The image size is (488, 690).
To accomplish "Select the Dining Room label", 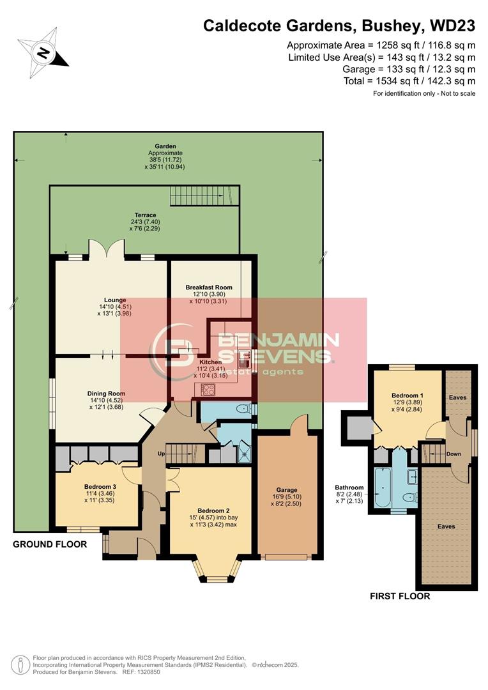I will (x=106, y=394).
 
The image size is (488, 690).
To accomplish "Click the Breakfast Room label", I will (x=209, y=287).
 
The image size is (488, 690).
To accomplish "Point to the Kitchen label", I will (x=210, y=362).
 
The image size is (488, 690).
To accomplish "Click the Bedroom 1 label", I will (x=408, y=395).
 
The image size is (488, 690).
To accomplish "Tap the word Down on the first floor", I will (x=454, y=454).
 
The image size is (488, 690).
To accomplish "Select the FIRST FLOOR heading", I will (x=400, y=596).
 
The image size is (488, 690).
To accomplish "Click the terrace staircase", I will (x=204, y=195).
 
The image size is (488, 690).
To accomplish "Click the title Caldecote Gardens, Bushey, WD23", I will (x=339, y=26).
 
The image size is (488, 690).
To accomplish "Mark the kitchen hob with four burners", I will (x=208, y=388).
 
